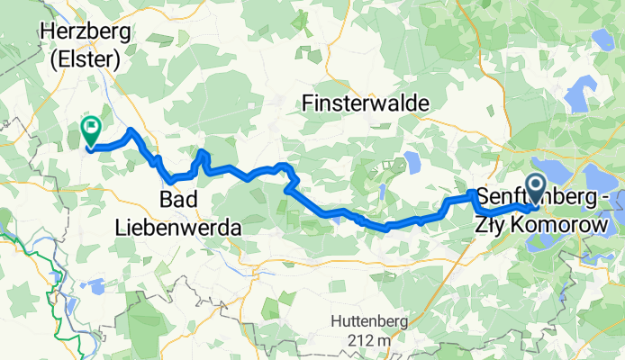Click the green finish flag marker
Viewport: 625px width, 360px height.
(91, 129)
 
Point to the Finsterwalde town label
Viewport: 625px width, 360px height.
(366, 103)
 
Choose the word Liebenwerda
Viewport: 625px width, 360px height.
(178, 229)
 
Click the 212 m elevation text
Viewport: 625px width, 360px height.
(370, 340)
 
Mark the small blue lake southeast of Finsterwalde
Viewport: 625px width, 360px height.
(413, 162)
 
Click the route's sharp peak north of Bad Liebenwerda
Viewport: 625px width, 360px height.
(203, 152)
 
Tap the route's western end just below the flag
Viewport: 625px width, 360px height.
(91, 148)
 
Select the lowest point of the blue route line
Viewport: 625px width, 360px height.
(387, 229)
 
